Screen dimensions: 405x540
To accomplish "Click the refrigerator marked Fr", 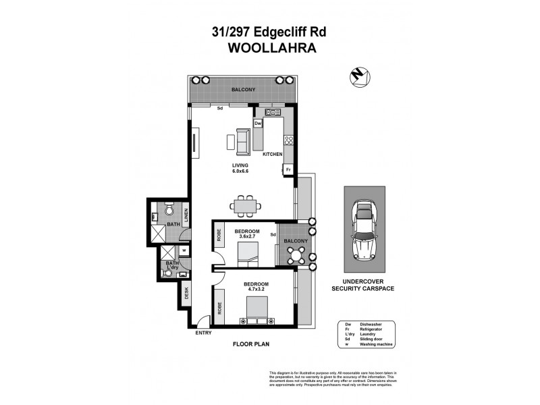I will [x=288, y=169].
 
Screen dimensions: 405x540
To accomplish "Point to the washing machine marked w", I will [x=184, y=250].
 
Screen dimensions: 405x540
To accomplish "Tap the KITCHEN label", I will [x=272, y=155].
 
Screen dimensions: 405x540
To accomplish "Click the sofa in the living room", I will [x=242, y=140].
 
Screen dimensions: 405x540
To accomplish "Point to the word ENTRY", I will [x=202, y=333].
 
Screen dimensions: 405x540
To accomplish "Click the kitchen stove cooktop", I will [x=290, y=140].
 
